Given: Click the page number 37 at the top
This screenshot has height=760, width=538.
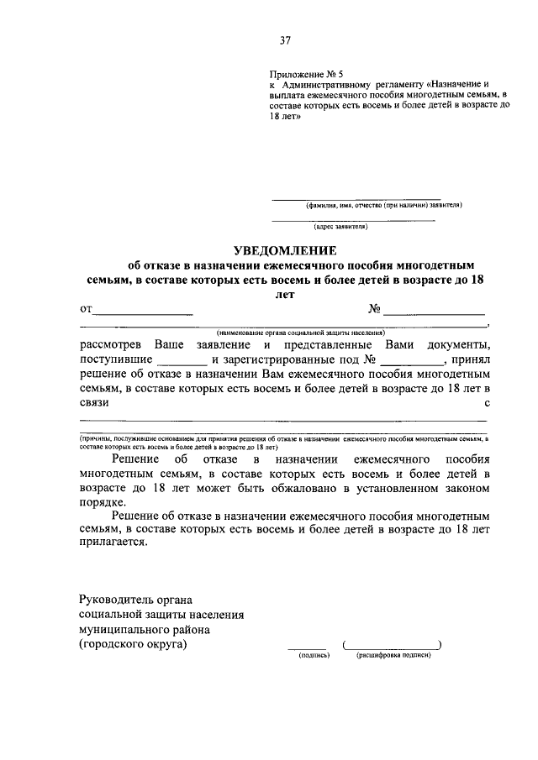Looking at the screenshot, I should coord(285,39).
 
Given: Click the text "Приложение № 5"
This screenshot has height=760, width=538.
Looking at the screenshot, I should coord(303,74).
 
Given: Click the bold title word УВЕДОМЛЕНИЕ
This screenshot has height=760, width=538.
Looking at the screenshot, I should coord(284,249).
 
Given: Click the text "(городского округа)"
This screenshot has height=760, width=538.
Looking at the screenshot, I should coord(133,644).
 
